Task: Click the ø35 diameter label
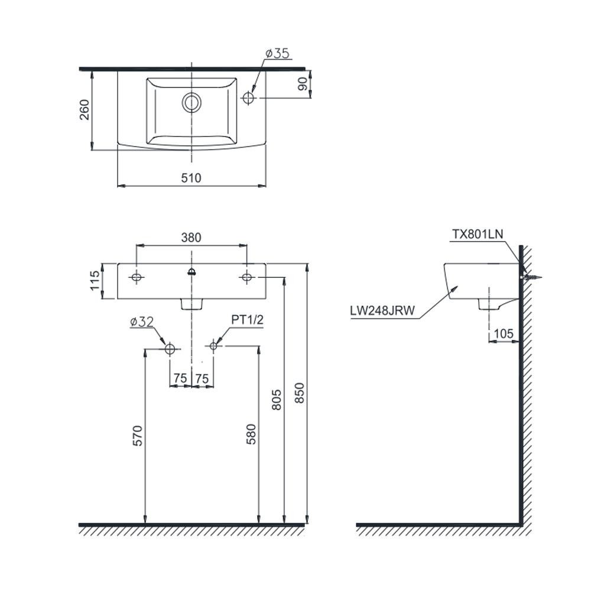[278, 54]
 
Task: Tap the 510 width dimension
[191, 178]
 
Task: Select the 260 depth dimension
[85, 110]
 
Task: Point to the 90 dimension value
[302, 85]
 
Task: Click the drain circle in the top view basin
[191, 102]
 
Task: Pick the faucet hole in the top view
[248, 98]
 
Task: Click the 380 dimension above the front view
[191, 238]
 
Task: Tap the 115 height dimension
[95, 281]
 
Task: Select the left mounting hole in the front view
[137, 277]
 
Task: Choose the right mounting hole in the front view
[247, 277]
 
